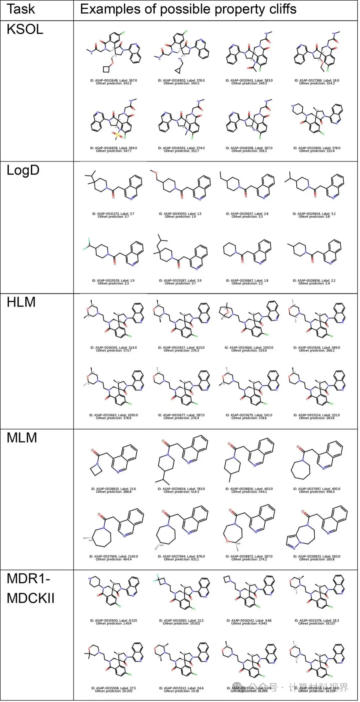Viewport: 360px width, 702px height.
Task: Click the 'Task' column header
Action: [x=21, y=9]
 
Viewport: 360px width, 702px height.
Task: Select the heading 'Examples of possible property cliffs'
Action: [x=188, y=9]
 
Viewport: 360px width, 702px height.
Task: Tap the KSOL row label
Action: [x=25, y=30]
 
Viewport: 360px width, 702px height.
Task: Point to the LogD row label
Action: [x=23, y=170]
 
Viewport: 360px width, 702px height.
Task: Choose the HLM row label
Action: [x=21, y=302]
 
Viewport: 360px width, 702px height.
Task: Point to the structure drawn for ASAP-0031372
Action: [x=113, y=187]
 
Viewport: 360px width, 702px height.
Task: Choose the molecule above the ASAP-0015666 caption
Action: [x=249, y=318]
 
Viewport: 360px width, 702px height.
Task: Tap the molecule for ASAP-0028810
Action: [x=113, y=460]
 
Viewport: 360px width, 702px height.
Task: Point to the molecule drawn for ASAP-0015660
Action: [x=182, y=593]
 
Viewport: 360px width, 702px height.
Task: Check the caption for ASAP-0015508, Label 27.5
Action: [x=113, y=689]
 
